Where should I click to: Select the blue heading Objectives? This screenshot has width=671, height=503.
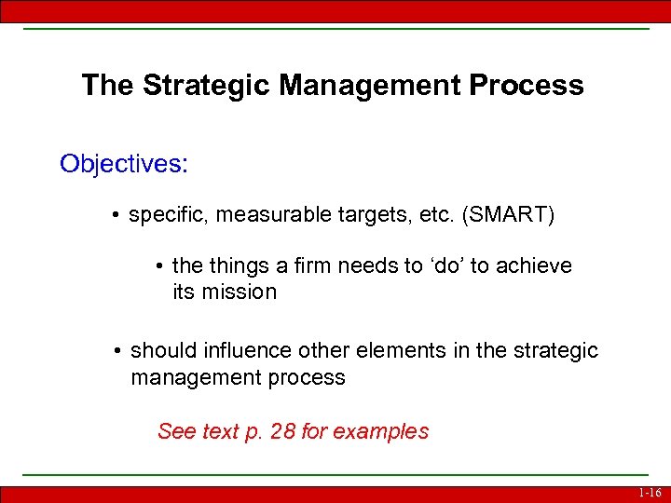click(124, 164)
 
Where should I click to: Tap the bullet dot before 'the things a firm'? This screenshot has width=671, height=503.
click(159, 266)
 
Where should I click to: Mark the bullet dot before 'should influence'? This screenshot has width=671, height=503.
click(116, 351)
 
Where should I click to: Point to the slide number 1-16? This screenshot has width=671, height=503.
click(649, 493)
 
